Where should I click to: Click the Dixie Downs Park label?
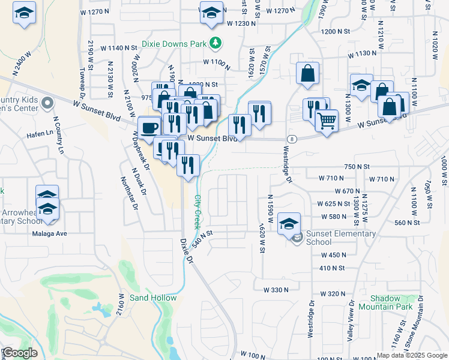[173, 44]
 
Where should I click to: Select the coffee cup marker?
[149, 127]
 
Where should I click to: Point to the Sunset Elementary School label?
[341, 238]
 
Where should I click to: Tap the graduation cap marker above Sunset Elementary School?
[289, 223]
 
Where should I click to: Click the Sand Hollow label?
[153, 298]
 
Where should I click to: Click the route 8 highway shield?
[291, 139]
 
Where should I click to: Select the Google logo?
[20, 353]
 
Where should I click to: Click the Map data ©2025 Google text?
[412, 355]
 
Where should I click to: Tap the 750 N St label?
[357, 166]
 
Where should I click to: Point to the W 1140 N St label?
[119, 47]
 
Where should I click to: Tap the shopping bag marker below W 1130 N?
[307, 74]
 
